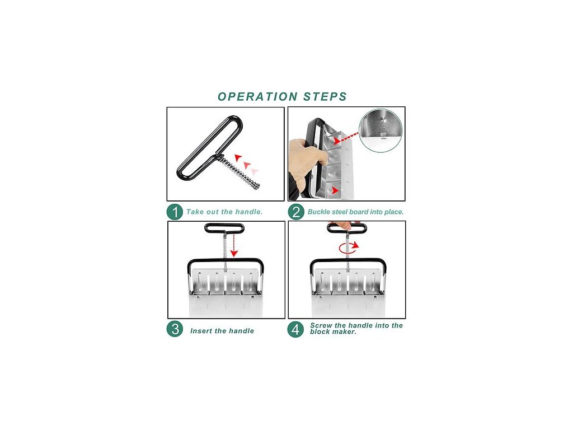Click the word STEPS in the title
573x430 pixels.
point(325,96)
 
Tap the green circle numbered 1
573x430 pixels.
point(175,212)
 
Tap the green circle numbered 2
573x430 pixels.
point(296,212)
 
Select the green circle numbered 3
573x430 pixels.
point(175,329)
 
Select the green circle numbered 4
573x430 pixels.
point(295,329)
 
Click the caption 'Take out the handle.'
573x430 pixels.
point(224,212)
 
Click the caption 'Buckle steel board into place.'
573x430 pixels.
point(355,212)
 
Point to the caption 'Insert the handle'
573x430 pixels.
point(222,331)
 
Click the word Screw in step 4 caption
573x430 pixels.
point(321,325)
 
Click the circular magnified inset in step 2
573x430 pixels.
point(381,130)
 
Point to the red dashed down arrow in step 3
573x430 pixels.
point(234,245)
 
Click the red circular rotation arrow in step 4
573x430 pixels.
point(349,247)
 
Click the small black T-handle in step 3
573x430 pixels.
point(224,228)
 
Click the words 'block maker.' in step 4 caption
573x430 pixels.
point(333,332)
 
